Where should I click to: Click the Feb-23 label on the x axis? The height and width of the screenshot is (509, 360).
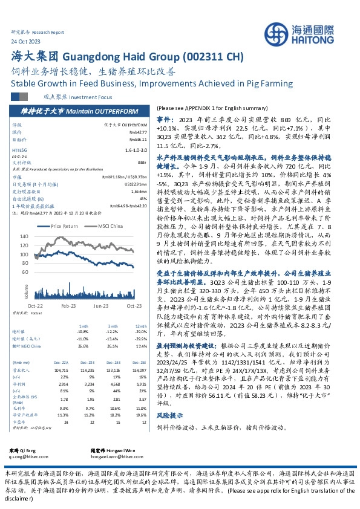pyautogui.click(x=68, y=306)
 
